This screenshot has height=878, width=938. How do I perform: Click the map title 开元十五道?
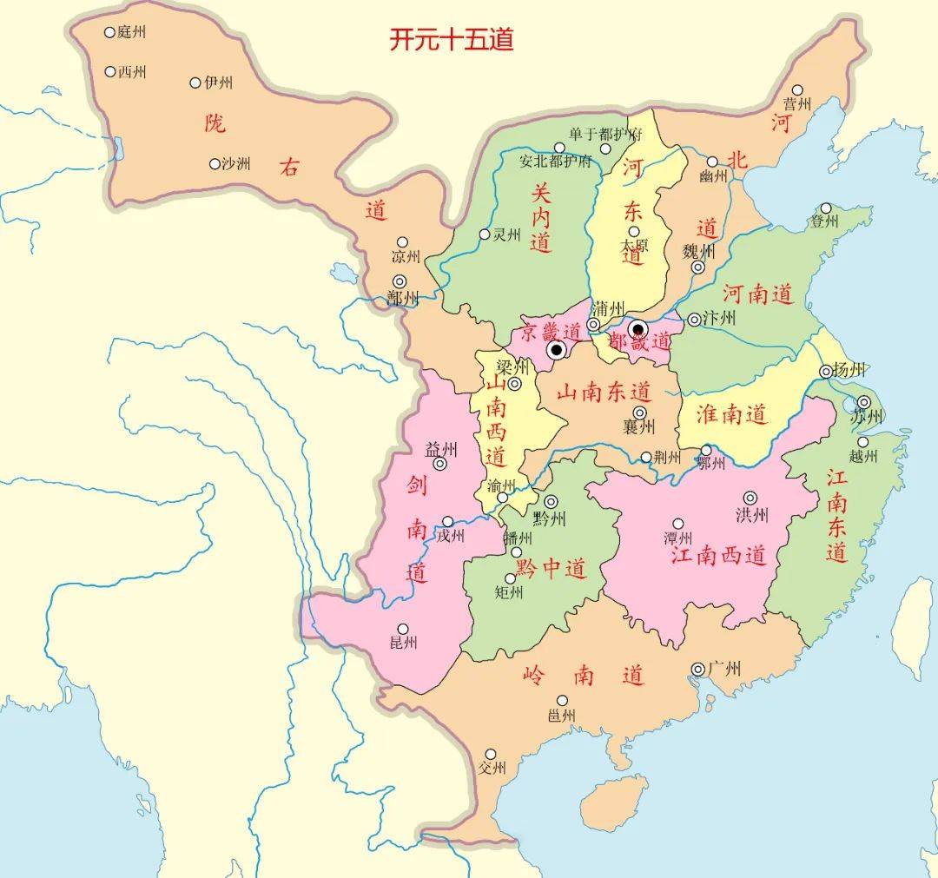coord(451,41)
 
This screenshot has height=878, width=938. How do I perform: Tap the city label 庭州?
coord(132,32)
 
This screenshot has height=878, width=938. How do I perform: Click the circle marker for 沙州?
coord(215,163)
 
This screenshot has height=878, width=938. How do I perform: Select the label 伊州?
coord(219,83)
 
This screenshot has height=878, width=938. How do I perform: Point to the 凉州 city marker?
coord(402,242)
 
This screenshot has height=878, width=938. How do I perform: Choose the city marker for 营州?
coord(797,89)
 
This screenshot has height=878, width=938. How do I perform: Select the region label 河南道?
coord(758,294)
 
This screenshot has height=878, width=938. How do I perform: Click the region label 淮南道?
coord(732,413)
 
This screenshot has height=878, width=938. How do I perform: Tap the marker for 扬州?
coord(826,372)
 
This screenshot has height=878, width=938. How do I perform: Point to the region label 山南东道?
coord(604,392)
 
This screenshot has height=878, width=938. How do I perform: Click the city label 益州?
coord(440,449)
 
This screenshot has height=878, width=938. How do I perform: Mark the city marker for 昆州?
coord(403,629)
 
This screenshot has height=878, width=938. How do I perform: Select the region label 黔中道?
coord(552,570)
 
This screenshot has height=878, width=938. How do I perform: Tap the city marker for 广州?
coord(698,668)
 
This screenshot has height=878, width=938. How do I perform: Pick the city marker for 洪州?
coord(750,498)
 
